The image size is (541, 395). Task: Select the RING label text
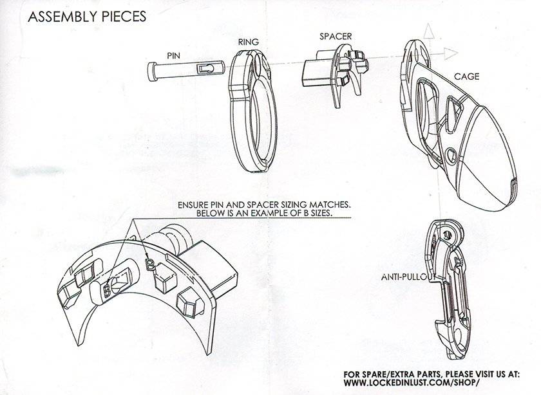248,42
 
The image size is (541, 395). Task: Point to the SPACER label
336,37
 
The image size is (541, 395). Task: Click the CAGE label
466,77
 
